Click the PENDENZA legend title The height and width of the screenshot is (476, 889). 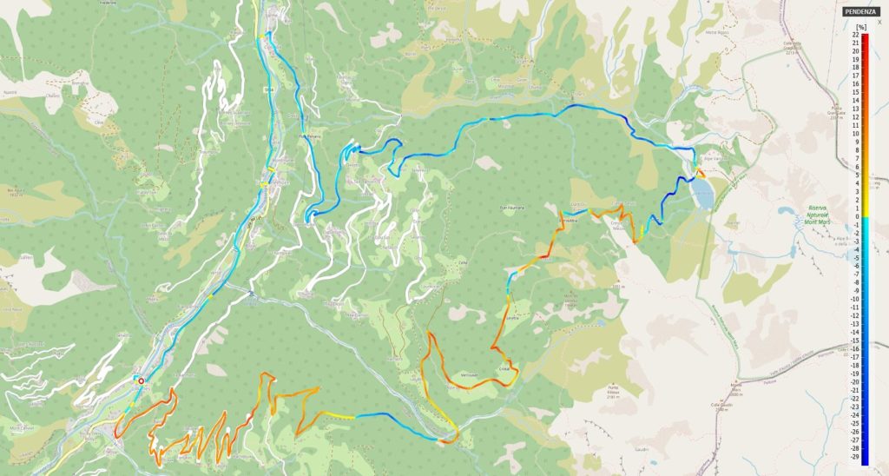click(860, 11)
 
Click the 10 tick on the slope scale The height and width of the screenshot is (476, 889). click(855, 134)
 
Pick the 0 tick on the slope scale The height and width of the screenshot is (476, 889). click(855, 216)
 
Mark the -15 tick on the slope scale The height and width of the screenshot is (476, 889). click(855, 340)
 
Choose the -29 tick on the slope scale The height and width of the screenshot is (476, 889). click(855, 456)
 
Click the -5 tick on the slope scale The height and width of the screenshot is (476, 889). click(855, 258)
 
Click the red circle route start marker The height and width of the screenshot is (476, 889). click(141, 380)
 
